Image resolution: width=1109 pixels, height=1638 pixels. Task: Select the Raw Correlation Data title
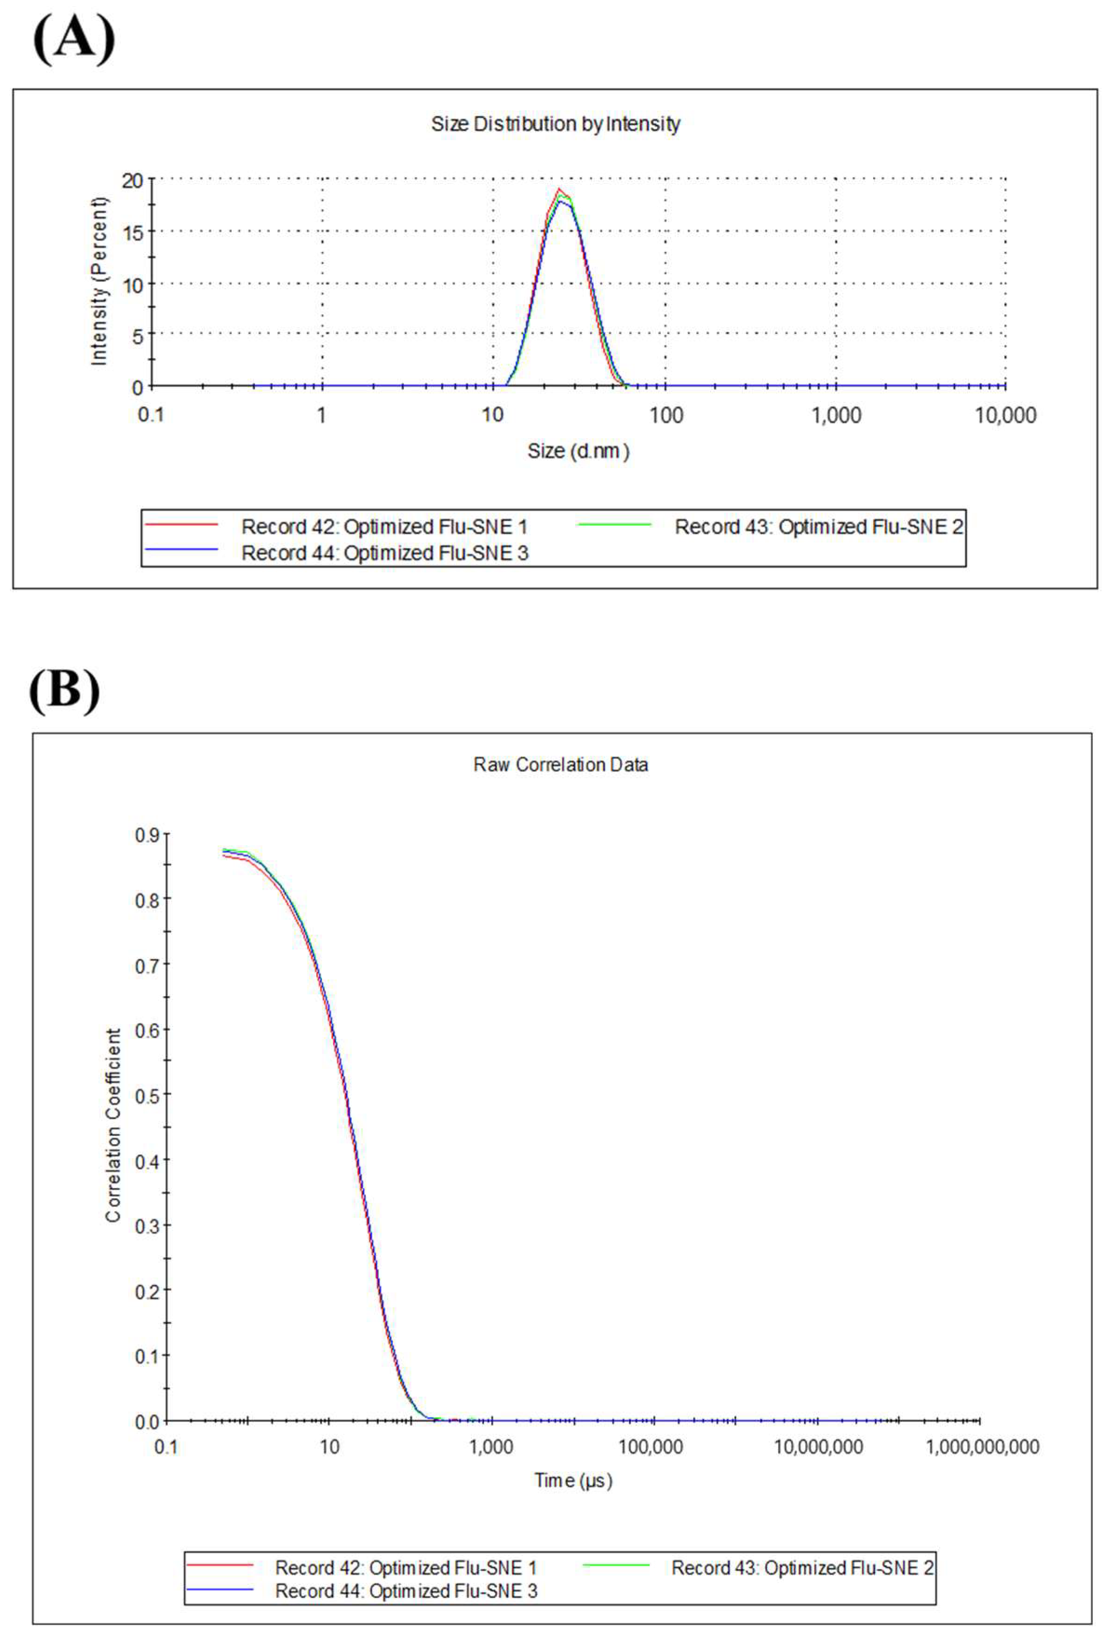tap(560, 765)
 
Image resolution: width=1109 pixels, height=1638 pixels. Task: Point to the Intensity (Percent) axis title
tap(99, 280)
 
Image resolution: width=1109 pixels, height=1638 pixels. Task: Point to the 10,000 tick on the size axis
tap(1005, 415)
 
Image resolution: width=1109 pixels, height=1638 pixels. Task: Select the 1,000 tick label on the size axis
tap(836, 415)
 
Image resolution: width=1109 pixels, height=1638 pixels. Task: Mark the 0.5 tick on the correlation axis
tap(147, 1095)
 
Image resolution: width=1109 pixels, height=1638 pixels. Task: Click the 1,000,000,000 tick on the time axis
tap(981, 1447)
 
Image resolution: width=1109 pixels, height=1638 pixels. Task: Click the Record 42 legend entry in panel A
tap(384, 527)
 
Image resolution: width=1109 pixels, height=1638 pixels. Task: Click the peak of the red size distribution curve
tap(559, 189)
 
